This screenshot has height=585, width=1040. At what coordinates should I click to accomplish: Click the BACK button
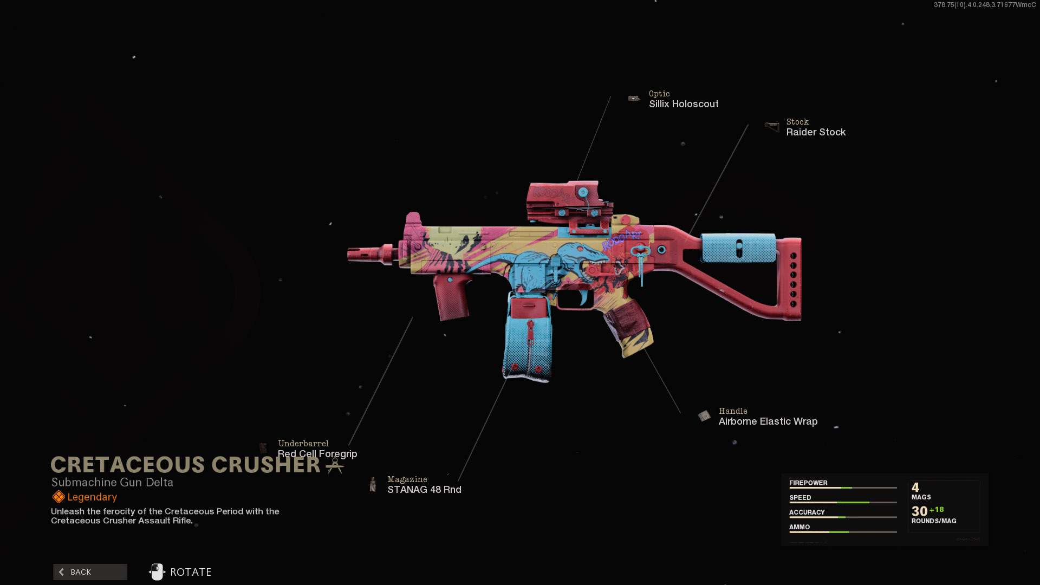(x=90, y=572)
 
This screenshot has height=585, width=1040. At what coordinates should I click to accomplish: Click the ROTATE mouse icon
(x=157, y=572)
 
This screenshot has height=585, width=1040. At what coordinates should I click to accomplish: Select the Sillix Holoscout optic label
(x=684, y=104)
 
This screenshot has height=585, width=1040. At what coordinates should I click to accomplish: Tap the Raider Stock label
(x=816, y=132)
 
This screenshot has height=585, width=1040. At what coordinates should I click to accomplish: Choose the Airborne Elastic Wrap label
(x=768, y=421)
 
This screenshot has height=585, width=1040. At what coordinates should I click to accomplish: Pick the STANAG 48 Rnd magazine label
(x=424, y=490)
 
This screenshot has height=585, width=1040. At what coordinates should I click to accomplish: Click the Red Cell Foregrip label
(x=317, y=454)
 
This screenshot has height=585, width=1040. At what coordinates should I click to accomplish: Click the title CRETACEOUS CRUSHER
(x=185, y=465)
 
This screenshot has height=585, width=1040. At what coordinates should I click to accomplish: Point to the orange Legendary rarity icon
(x=58, y=497)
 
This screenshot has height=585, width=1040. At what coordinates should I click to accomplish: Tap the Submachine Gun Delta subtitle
(x=112, y=482)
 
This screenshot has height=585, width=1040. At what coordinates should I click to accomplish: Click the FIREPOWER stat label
(x=808, y=483)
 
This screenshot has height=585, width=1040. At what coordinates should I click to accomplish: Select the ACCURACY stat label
(x=807, y=512)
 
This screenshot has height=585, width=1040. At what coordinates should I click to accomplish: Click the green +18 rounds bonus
(x=937, y=510)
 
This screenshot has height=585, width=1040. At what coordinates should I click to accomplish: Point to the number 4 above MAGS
(x=915, y=487)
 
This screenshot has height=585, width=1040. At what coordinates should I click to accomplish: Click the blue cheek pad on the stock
(x=739, y=248)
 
